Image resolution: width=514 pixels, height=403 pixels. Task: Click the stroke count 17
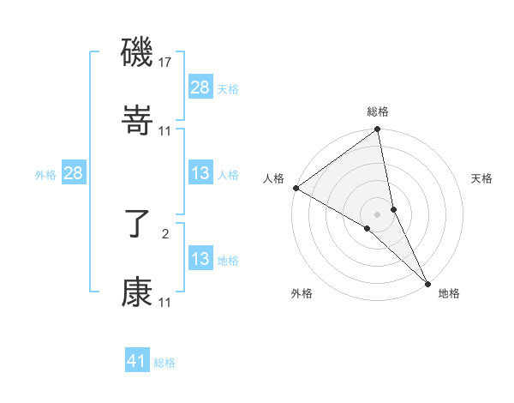165,63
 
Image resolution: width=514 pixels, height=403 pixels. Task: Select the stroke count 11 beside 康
165,303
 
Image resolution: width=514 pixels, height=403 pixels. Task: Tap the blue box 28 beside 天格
200,87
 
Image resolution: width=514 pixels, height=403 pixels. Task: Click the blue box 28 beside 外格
74,173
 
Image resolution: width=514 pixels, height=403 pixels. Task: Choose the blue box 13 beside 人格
200,173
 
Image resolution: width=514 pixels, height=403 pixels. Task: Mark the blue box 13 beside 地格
200,259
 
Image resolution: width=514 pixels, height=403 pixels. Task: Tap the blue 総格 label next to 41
164,363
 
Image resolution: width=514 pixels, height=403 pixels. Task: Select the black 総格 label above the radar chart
378,112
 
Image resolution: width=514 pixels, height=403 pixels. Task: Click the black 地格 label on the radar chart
449,293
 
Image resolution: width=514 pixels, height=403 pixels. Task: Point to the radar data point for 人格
296,188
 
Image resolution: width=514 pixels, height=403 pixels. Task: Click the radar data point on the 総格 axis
378,130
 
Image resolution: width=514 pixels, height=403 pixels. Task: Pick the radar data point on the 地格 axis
427,282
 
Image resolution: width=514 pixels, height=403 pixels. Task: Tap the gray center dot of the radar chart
378,214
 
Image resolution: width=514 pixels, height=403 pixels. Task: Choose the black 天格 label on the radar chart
482,178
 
